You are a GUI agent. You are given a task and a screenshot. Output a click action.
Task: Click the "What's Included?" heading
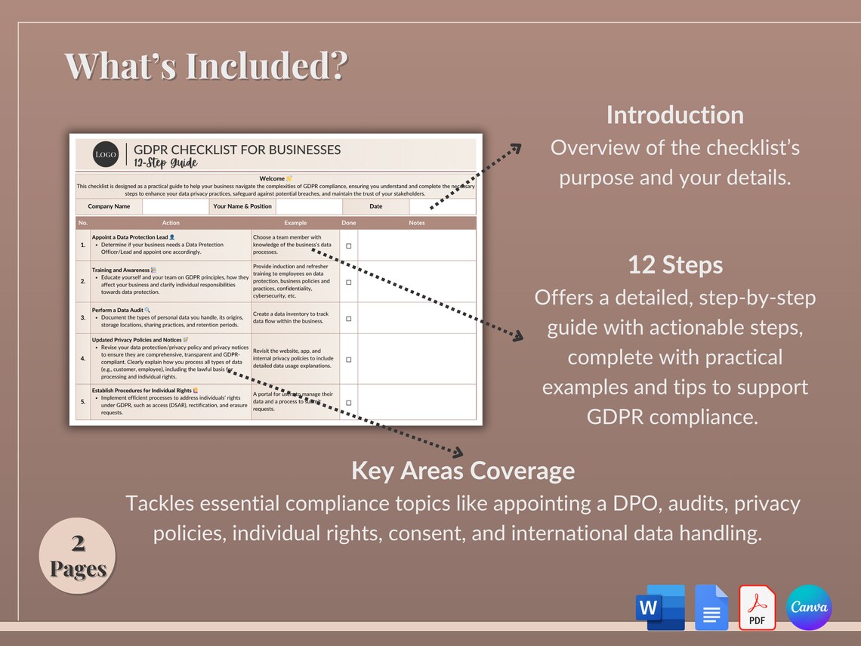[x=205, y=66]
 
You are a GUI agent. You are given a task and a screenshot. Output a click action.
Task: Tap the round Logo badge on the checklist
[x=106, y=155]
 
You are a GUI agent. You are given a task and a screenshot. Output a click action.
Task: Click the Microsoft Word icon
[x=659, y=607]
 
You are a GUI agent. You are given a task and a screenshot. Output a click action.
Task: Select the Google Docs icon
[x=711, y=607]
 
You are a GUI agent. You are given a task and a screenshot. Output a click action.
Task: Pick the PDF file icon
[x=757, y=607]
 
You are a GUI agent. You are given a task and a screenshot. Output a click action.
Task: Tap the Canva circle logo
[x=809, y=607]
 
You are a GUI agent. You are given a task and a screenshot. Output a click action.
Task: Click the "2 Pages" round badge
[x=77, y=555]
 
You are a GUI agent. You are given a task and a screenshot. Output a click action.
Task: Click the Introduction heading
[x=674, y=115]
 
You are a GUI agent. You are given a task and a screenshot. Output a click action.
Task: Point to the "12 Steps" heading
[x=674, y=264]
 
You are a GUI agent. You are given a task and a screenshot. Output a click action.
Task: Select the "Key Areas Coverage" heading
[x=462, y=471]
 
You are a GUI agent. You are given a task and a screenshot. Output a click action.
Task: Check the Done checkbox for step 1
[x=348, y=246]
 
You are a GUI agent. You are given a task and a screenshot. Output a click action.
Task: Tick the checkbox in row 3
[x=348, y=319]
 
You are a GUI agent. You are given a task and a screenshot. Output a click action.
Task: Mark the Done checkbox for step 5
[x=348, y=403]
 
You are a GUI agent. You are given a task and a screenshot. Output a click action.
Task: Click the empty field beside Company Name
[x=175, y=206]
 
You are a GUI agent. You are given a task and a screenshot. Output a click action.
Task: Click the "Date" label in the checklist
[x=375, y=206]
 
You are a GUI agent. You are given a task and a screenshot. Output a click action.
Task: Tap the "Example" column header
[x=295, y=223]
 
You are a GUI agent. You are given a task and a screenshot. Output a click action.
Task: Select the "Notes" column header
[x=416, y=223]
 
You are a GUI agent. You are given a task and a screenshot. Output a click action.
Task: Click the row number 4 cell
[x=83, y=358]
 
